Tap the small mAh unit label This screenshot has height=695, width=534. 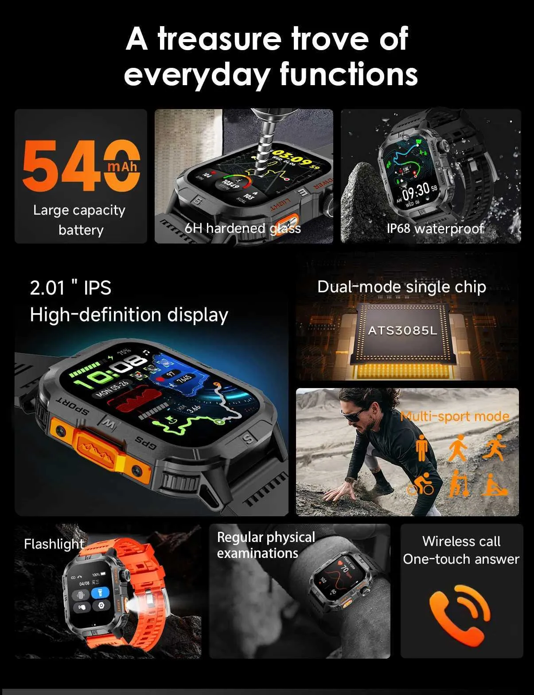pos(123,167)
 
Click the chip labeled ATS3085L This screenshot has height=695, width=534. pos(402,330)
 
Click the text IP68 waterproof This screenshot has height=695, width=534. pos(435,228)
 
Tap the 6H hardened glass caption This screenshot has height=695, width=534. pos(242,228)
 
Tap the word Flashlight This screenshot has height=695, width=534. pos(54,544)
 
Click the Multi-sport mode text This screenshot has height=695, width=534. pos(455,416)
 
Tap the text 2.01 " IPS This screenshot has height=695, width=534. pos(70,288)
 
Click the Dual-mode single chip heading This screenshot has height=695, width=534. pos(401,287)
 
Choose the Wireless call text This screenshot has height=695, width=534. pos(461,541)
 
